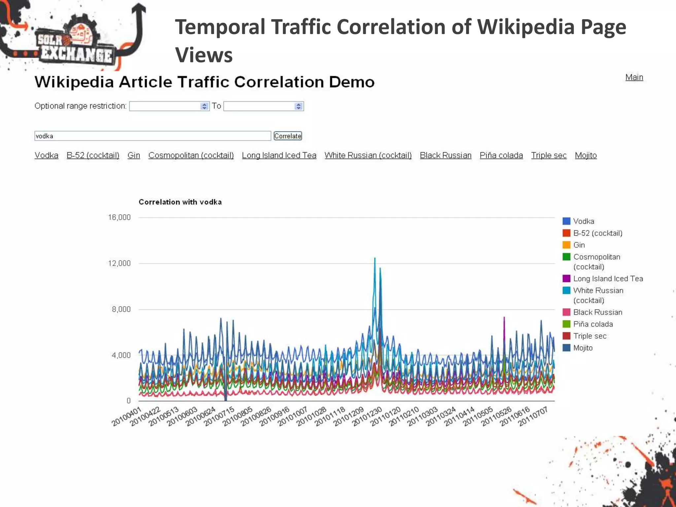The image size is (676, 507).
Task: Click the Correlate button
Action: (x=287, y=136)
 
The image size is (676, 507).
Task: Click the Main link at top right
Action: (x=634, y=77)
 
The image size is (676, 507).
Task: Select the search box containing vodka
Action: (x=152, y=136)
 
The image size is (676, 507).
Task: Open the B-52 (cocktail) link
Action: (x=93, y=155)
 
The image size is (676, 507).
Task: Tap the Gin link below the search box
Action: (x=134, y=155)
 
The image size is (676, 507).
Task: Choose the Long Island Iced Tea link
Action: (x=279, y=155)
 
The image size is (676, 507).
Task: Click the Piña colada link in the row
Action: (x=501, y=155)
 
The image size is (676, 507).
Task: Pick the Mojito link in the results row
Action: (x=586, y=155)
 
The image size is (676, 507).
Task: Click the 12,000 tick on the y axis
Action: (x=119, y=263)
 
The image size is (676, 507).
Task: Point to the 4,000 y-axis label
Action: (x=121, y=355)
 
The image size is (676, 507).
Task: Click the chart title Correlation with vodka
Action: (x=180, y=202)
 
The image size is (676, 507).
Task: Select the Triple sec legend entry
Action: (x=590, y=336)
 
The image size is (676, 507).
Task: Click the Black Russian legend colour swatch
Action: (x=566, y=312)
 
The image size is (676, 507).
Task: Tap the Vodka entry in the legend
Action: (x=583, y=221)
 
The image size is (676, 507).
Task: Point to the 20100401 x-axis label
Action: (x=127, y=417)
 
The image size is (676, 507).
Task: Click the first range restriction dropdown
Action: (x=169, y=106)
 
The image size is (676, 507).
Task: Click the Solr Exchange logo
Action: (x=74, y=41)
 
